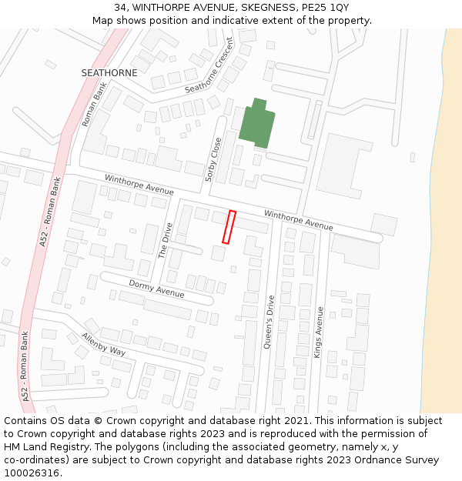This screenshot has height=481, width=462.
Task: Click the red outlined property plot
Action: click(x=229, y=227)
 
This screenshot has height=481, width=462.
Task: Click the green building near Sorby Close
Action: click(x=256, y=125)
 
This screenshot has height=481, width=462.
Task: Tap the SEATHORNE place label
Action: click(x=109, y=73)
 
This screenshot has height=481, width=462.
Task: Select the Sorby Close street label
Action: click(x=213, y=159)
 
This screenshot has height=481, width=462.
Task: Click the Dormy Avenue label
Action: click(x=156, y=289)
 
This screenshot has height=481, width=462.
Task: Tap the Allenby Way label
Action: click(x=103, y=344)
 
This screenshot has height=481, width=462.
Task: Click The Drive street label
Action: click(x=166, y=240)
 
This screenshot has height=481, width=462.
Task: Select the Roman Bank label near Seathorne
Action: click(x=94, y=105)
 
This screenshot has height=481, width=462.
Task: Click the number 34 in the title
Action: click(x=119, y=7)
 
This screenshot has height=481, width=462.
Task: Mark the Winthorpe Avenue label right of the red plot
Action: click(x=299, y=220)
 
